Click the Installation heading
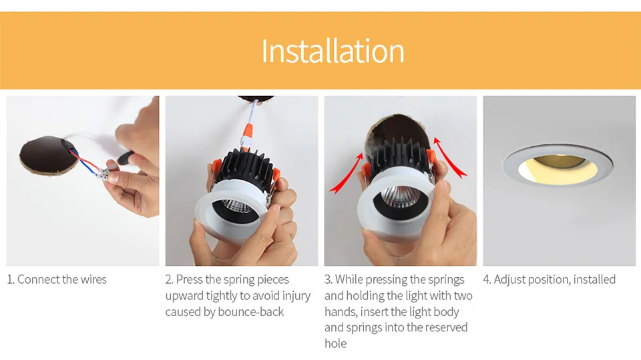pyautogui.click(x=333, y=51)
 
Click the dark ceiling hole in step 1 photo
pyautogui.click(x=49, y=155)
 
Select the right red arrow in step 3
pyautogui.click(x=449, y=157)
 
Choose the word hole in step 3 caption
pyautogui.click(x=336, y=343)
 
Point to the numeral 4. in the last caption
pyautogui.click(x=487, y=279)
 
